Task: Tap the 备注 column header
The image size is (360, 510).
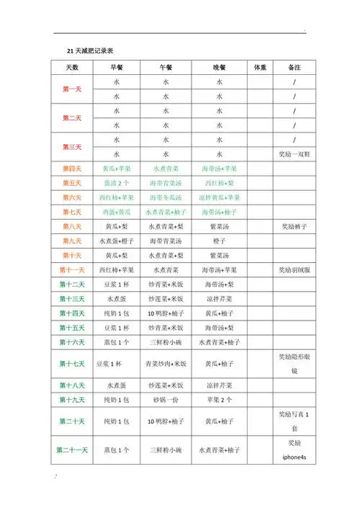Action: pos(294,67)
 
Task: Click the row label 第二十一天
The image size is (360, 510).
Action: pos(72,450)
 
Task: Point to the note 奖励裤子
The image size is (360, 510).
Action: pos(294,226)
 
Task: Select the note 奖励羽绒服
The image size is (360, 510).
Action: pos(294,270)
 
